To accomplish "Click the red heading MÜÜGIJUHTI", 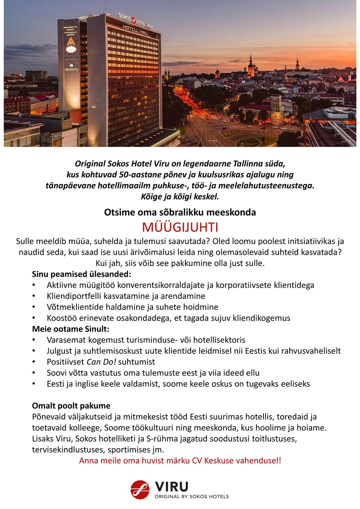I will pos(180,227).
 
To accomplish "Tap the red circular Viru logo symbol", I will pos(140,490).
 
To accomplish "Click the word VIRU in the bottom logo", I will pos(171,487).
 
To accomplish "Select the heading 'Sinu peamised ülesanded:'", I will pos(81,274).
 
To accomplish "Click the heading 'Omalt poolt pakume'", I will pos(71,406).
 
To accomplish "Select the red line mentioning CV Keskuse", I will pos(180,461).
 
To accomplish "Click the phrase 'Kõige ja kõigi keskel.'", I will pos(180,196).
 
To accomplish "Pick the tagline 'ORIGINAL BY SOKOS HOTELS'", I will pos(191,496).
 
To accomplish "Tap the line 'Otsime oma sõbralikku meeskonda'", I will pos(180,213).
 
